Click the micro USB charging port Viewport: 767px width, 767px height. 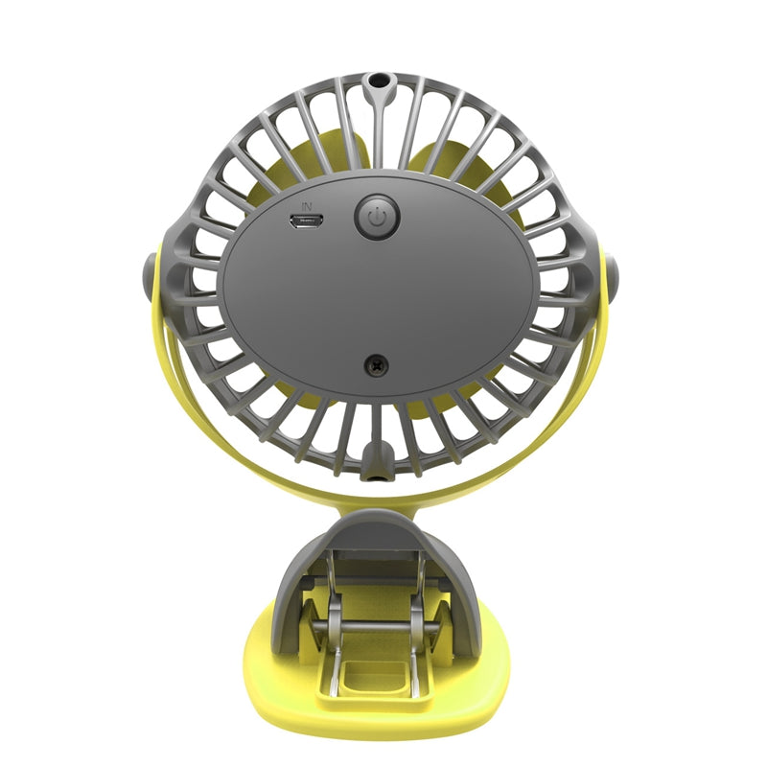click(x=306, y=221)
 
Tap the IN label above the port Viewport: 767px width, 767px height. click(x=307, y=206)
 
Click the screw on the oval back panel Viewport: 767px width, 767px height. click(x=377, y=365)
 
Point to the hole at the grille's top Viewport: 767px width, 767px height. click(x=377, y=80)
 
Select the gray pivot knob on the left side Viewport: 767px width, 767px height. click(x=150, y=277)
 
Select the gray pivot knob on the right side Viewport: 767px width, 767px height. click(x=612, y=277)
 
